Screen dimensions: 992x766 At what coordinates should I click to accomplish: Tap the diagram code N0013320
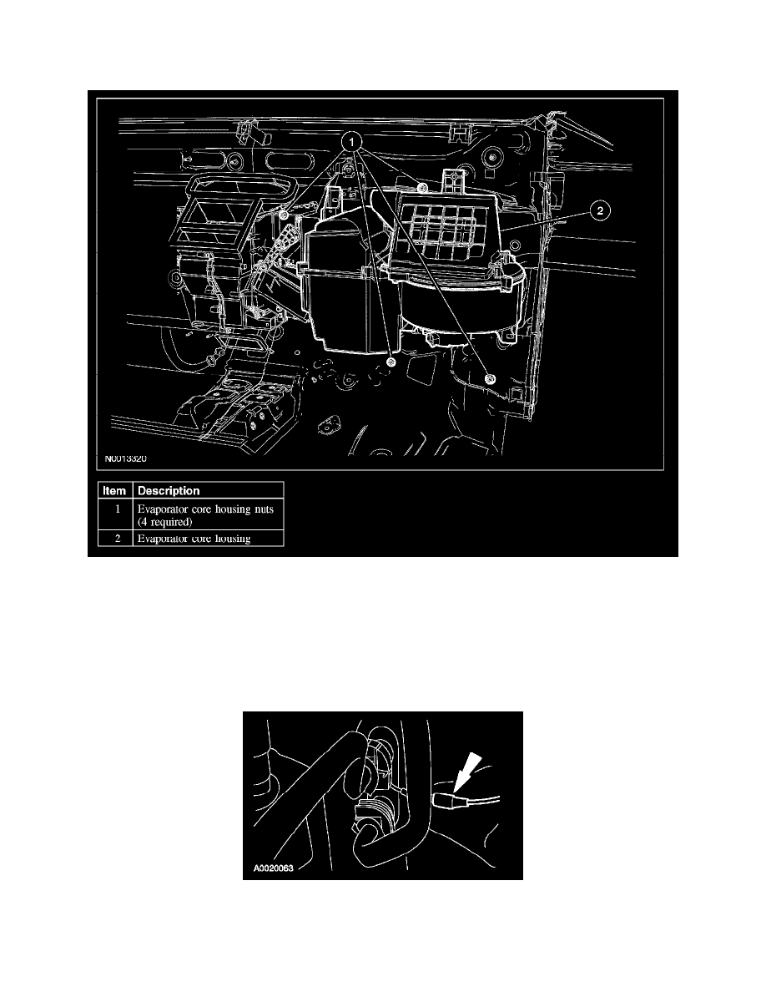coord(129,458)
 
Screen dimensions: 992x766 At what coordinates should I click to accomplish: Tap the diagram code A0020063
coord(276,868)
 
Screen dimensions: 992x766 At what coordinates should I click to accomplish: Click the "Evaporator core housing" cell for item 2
coord(194,539)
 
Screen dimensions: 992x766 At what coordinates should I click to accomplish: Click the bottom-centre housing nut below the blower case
coord(392,363)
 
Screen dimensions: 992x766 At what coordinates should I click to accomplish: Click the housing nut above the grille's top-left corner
coord(345,172)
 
